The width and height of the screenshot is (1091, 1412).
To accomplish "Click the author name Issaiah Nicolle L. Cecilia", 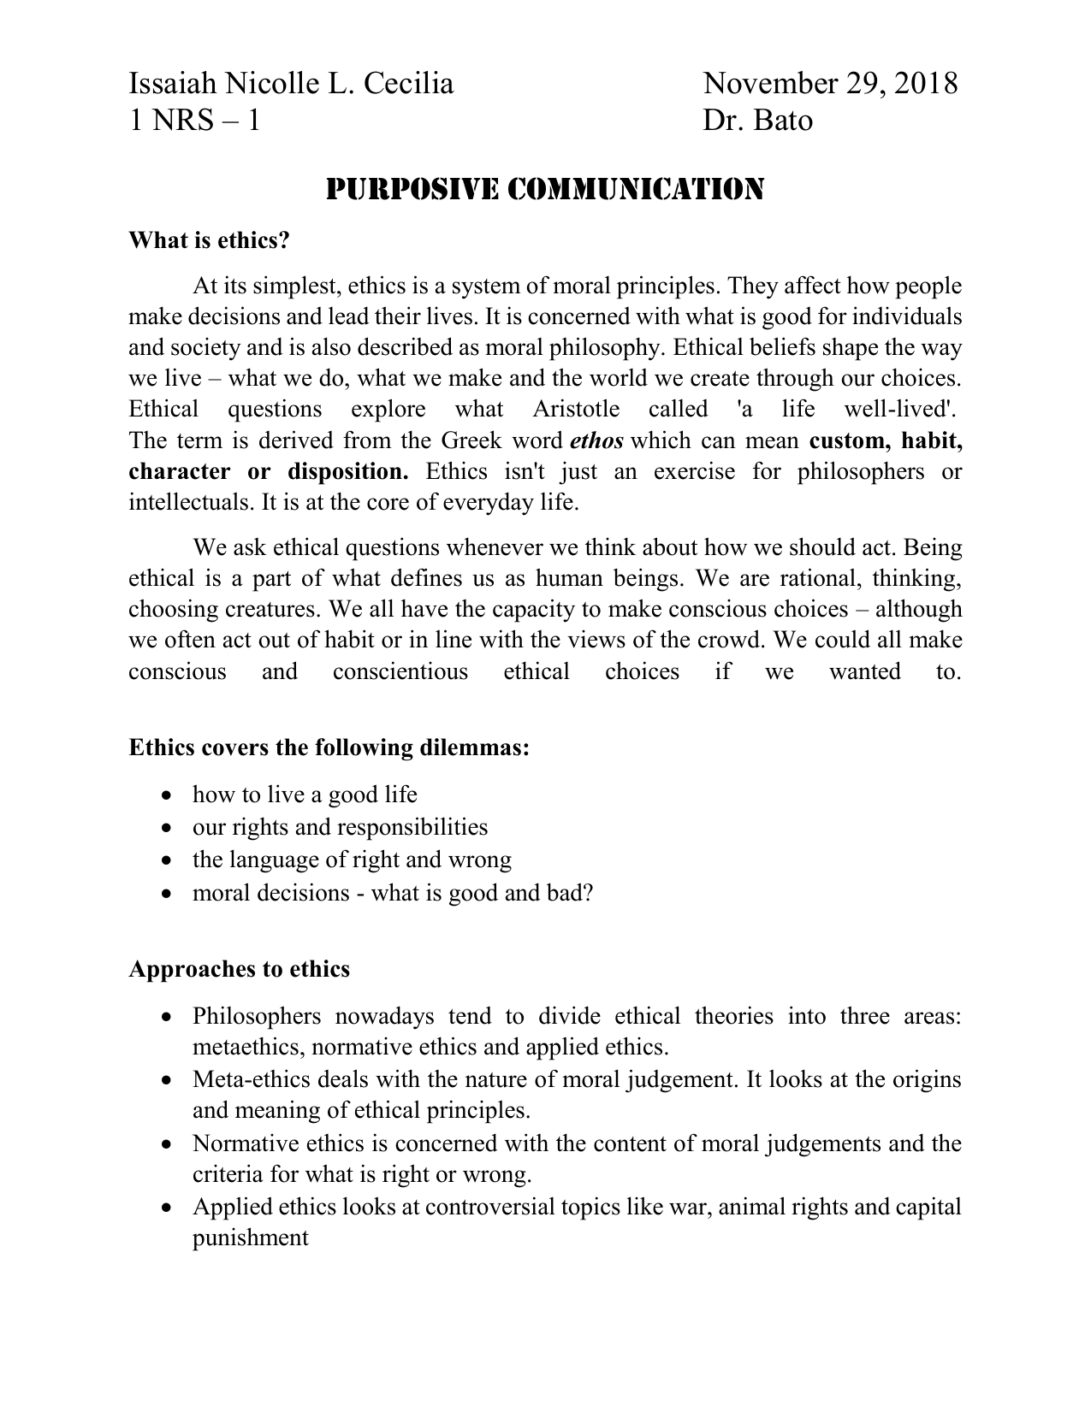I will point(291,84).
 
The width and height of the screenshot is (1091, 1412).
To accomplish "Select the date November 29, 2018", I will point(830,84).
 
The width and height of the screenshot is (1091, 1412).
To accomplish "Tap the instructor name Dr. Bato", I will point(757,121).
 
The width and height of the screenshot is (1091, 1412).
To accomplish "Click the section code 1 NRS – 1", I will point(194,121).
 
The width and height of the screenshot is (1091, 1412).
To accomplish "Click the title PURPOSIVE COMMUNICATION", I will point(545,189).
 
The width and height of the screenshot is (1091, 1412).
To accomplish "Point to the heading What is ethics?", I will point(210,240).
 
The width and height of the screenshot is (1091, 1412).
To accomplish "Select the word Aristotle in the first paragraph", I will point(575,410).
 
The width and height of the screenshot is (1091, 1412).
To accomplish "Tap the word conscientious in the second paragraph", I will point(400,671).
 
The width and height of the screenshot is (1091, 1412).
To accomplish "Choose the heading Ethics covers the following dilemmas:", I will point(329,747).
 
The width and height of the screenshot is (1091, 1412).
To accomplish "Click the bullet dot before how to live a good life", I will point(167,796).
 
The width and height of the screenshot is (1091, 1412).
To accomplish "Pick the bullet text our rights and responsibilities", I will point(340,827).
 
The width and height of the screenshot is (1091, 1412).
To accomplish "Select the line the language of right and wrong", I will point(352,860).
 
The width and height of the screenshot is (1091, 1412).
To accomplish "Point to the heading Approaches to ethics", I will point(240,969).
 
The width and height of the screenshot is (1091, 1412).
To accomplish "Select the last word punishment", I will point(250,1238).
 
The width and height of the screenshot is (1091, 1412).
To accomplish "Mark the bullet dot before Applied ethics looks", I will point(167,1208).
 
